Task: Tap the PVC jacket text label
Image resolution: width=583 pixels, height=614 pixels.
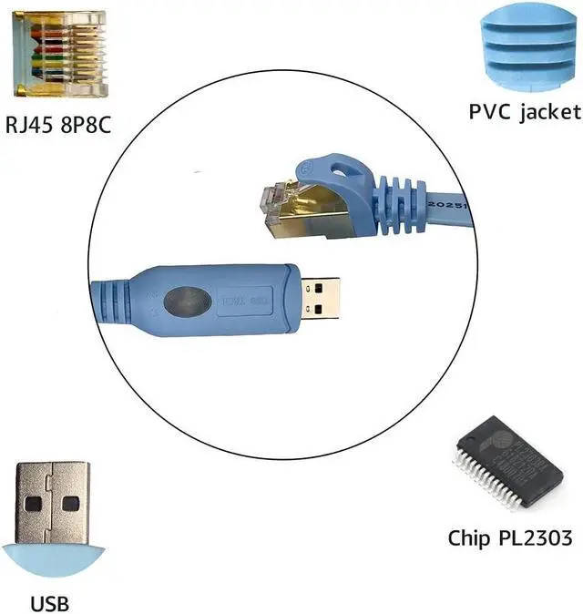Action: pyautogui.click(x=524, y=112)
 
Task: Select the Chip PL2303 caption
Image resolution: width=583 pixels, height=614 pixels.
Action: pyautogui.click(x=509, y=537)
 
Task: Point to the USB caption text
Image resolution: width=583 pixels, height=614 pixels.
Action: pyautogui.click(x=49, y=602)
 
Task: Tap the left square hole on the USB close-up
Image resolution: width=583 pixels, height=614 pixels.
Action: pyautogui.click(x=33, y=502)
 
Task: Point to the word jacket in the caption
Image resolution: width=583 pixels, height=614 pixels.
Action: pyautogui.click(x=551, y=112)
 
